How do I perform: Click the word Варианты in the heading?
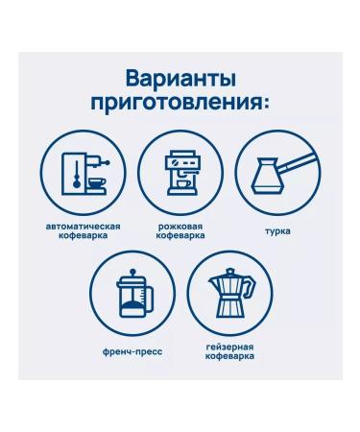180,80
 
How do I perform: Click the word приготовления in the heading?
175,104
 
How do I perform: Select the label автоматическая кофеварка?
84,231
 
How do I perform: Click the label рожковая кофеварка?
180,231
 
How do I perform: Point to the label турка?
277,231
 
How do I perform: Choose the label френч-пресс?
132,352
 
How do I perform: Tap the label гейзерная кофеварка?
229,351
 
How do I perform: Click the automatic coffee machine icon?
84,174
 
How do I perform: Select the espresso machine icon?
180,174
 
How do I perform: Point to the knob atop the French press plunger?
133,272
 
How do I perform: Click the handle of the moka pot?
250,287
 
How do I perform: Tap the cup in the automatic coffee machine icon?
97,183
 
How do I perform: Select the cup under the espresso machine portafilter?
184,183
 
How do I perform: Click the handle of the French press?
149,300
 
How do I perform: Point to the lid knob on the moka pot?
230,271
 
